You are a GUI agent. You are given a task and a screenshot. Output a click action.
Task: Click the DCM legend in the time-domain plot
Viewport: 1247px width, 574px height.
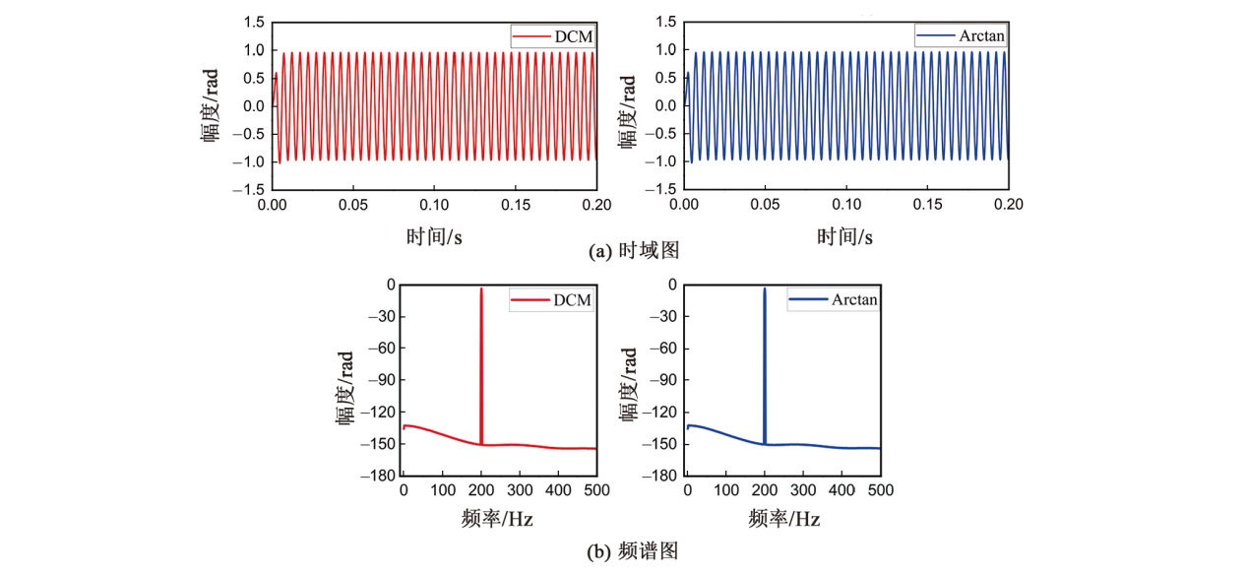[x=553, y=36]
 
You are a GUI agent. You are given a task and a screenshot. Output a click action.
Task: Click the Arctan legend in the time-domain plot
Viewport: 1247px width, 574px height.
[x=961, y=36]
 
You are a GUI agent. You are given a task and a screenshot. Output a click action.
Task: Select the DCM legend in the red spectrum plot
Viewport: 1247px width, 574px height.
[x=551, y=300]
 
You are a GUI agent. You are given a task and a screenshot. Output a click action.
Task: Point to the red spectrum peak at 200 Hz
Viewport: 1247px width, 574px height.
[x=481, y=289]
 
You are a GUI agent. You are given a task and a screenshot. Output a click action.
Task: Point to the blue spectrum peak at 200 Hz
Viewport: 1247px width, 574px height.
[x=765, y=289]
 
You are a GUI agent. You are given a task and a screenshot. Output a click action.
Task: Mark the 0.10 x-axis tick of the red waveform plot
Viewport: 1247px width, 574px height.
[x=433, y=205]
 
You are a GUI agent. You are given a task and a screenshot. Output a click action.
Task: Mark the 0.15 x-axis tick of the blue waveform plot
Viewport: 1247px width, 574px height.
[x=927, y=205]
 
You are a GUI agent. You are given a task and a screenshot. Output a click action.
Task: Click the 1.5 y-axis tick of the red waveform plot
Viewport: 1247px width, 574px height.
[x=255, y=22]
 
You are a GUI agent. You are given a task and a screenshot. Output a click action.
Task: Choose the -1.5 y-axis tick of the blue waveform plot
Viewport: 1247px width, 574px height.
[x=664, y=188]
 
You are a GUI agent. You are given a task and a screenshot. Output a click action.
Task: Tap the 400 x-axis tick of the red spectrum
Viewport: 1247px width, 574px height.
[x=558, y=489]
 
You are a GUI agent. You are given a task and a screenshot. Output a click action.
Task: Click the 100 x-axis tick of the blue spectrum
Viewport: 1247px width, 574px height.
[x=725, y=489]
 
